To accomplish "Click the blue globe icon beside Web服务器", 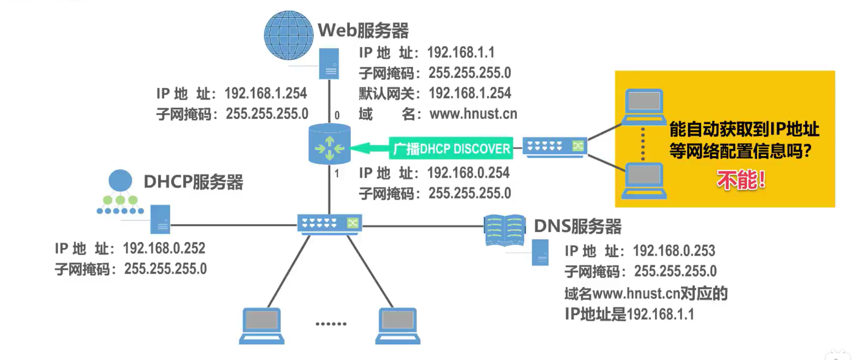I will (x=288, y=35).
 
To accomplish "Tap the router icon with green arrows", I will (x=329, y=144).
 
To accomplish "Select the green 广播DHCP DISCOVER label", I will (x=451, y=148).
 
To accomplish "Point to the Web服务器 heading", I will (x=363, y=30).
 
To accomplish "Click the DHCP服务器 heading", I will (x=193, y=182).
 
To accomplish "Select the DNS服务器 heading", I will (x=577, y=226).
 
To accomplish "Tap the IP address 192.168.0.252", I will (x=164, y=248).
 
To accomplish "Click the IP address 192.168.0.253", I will (x=673, y=251).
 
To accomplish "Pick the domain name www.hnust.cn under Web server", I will (x=473, y=114).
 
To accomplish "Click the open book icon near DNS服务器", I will (x=505, y=230).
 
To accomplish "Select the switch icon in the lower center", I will (x=329, y=224).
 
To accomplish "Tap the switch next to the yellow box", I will (x=555, y=146).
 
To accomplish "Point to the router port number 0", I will (x=337, y=116).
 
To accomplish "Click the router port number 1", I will (x=337, y=173).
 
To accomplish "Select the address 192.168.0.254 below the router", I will (x=468, y=173).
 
